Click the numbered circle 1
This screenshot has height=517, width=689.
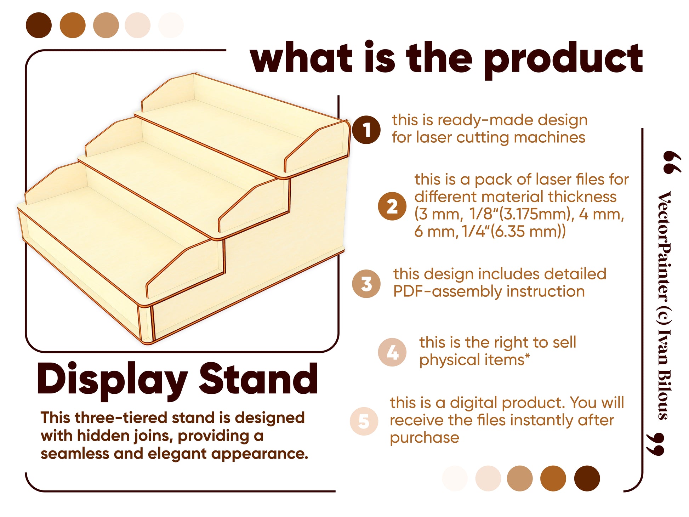(366, 130)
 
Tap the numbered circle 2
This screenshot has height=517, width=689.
(392, 206)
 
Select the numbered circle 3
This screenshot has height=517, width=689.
(366, 284)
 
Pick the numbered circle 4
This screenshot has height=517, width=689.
(392, 352)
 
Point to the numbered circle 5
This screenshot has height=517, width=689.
(364, 421)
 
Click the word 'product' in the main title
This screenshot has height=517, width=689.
(563, 60)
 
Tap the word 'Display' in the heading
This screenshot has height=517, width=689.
(112, 381)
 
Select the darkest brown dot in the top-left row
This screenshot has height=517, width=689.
(39, 25)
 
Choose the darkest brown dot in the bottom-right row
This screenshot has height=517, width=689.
(587, 478)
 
